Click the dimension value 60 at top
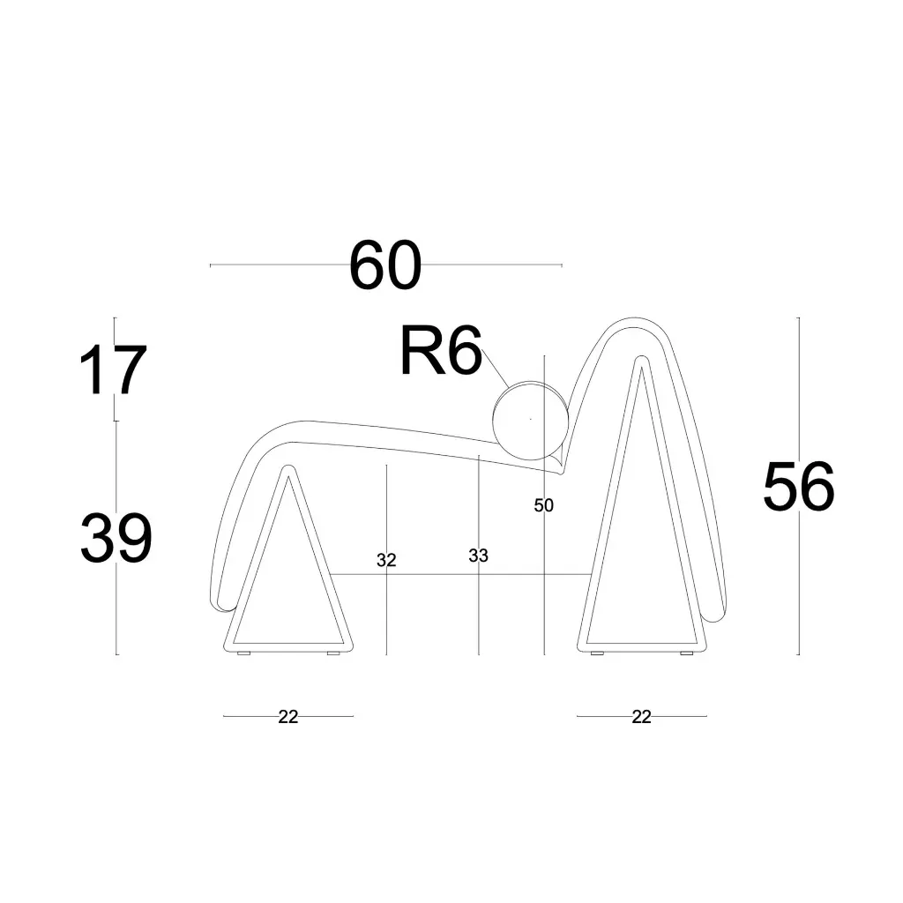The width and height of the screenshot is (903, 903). pos(385,265)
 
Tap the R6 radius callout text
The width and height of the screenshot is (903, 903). pos(441,352)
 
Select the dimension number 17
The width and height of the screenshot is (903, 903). pos(112,371)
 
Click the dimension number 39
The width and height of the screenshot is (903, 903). pos(116,539)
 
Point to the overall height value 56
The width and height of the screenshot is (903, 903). pos(798,487)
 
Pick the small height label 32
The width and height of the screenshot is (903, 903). pos(386,560)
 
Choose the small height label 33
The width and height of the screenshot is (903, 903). pos(478,556)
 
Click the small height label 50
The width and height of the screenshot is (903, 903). pos(544,505)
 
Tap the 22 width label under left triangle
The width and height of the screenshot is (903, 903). pos(288,717)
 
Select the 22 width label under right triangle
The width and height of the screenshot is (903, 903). pos(641,717)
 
